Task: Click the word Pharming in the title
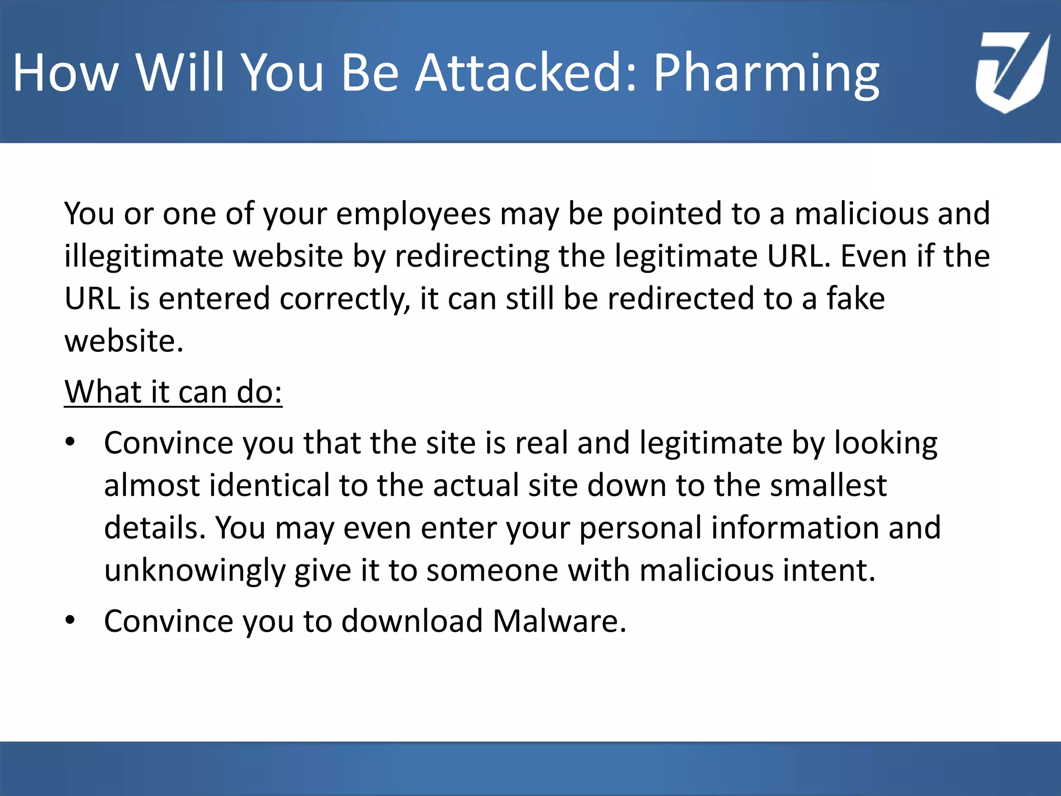pyautogui.click(x=766, y=74)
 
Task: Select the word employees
pyautogui.click(x=413, y=214)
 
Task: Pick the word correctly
pyautogui.click(x=345, y=300)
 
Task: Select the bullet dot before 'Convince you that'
pyautogui.click(x=70, y=443)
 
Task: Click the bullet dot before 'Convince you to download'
pyautogui.click(x=70, y=620)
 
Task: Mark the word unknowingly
pyautogui.click(x=194, y=571)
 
